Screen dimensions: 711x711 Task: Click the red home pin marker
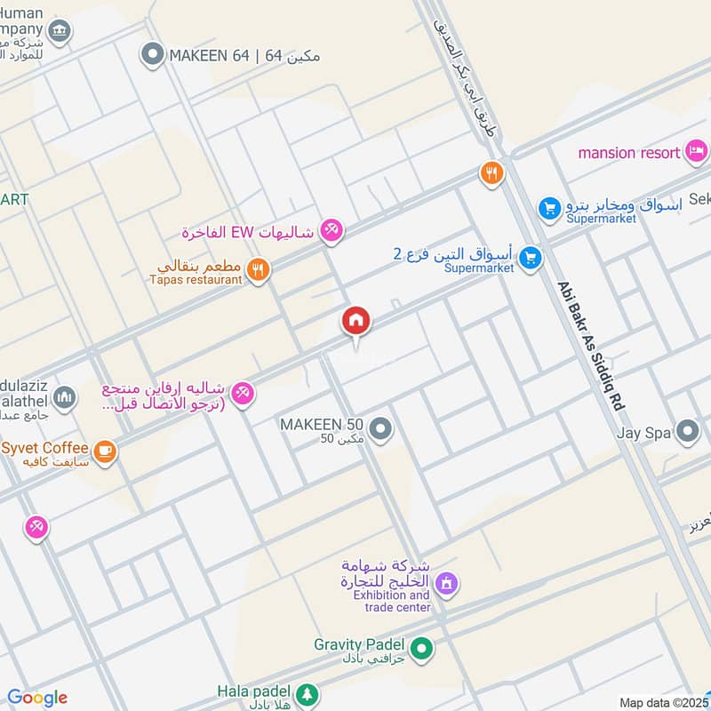tap(356, 322)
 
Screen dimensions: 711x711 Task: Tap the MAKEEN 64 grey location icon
tap(153, 55)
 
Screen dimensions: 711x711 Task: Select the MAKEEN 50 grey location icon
tap(381, 431)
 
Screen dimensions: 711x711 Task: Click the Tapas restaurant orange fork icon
tap(258, 270)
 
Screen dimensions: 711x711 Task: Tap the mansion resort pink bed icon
tap(697, 152)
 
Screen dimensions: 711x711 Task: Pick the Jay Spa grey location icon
tap(687, 432)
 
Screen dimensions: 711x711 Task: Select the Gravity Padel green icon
tap(423, 650)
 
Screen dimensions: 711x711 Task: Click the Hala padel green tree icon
tap(307, 693)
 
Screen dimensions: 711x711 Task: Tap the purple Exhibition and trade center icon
tap(449, 583)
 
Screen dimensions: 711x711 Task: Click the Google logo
tap(37, 698)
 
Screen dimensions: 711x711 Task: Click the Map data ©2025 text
tap(663, 703)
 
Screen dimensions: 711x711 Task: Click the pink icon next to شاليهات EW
tap(331, 230)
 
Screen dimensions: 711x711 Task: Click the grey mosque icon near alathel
tap(64, 397)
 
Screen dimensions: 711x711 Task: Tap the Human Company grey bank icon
tap(60, 31)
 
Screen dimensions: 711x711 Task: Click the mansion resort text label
tap(629, 153)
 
